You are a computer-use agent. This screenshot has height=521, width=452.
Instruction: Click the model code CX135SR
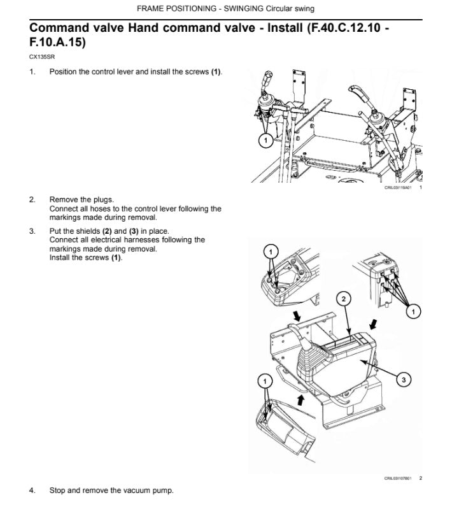pos(42,57)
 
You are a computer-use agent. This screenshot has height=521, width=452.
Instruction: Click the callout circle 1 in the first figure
pos(265,140)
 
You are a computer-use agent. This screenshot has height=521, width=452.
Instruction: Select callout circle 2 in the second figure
pos(344,299)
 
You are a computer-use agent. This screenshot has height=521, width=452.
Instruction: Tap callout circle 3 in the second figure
pos(404,380)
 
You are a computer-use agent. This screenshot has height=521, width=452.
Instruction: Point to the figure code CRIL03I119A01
pos(398,188)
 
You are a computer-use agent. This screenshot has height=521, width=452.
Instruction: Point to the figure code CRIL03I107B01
pos(398,478)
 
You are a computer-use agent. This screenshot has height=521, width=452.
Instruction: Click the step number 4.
pos(32,490)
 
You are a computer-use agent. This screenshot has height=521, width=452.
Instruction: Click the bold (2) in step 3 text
pos(107,231)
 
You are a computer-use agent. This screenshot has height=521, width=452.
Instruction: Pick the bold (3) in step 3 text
pos(134,231)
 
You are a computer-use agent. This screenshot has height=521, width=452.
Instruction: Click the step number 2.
pos(32,200)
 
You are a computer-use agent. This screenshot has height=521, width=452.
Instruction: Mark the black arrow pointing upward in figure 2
pos(300,400)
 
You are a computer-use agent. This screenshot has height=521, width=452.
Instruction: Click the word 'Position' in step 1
pos(63,72)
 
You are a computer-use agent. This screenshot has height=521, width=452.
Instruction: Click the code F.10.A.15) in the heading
pos(57,42)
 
